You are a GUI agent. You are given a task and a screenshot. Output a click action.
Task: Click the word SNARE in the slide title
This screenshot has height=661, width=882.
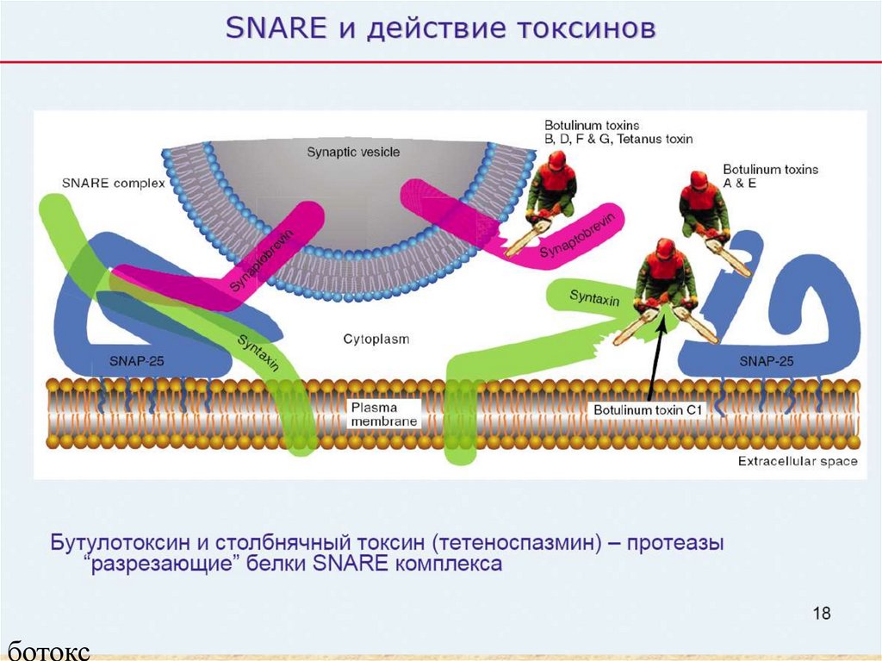[x=276, y=28]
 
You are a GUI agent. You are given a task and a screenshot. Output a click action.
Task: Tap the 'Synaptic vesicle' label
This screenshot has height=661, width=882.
[x=353, y=153]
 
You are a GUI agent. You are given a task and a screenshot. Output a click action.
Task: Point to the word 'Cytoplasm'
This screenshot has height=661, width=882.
[x=376, y=340]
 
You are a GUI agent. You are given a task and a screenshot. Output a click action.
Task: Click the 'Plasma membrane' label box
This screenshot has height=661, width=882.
[x=384, y=413]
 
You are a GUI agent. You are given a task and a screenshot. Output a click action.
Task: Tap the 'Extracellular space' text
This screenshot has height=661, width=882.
[x=798, y=461]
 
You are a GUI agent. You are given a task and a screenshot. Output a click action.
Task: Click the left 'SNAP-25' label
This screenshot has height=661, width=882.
[x=136, y=360]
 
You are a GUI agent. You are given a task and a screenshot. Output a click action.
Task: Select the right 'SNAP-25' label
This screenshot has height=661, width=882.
[x=766, y=360]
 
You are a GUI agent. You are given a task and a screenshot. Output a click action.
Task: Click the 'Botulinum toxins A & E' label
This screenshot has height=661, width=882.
[x=770, y=177]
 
